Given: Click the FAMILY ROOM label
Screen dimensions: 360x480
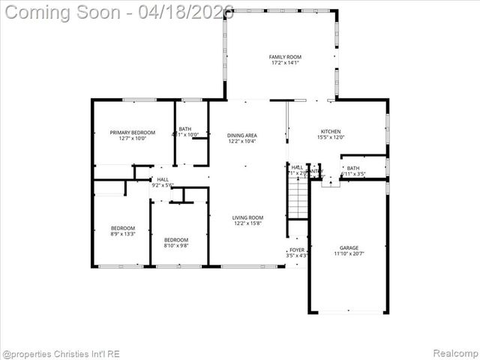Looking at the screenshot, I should click(285, 57).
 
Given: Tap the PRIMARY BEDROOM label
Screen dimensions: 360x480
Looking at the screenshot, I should click(122, 132).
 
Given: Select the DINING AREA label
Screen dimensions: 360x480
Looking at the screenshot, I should click(241, 135).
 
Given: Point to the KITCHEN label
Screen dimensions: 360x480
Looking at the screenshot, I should click(331, 131).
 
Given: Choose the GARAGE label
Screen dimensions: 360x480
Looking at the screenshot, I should click(349, 247).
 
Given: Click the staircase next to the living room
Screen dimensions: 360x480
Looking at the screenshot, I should click(298, 196).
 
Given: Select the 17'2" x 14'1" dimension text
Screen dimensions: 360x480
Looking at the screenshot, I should click(285, 64).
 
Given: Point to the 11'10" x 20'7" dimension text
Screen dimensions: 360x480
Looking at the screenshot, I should click(349, 254).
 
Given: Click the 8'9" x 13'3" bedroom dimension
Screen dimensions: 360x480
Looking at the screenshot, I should click(123, 234).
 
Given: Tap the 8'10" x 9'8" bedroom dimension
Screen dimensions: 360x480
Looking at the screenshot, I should click(175, 245).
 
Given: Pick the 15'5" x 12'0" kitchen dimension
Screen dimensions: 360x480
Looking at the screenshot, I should click(331, 137).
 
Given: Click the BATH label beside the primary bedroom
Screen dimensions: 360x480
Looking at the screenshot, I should click(184, 129).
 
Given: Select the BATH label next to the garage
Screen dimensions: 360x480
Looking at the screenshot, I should click(352, 168).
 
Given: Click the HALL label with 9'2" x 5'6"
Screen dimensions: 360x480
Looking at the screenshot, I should click(163, 179).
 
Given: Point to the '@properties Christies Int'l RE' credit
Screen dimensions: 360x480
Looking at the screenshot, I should click(61, 353).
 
